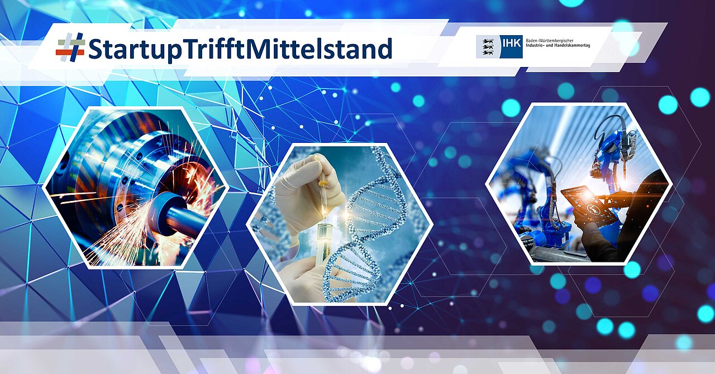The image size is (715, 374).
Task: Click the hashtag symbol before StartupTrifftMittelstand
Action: tap(70, 48)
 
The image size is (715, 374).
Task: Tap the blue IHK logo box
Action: tap(511, 46)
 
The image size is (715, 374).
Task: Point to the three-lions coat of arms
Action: tap(488, 46)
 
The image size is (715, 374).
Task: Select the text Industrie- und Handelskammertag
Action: tap(557, 46)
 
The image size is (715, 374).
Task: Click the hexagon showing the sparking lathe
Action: tap(136, 188)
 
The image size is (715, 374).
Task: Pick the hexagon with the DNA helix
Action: tap(340, 224)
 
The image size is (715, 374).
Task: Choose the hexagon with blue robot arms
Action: tap(579, 184)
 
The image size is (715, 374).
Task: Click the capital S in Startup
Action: tap(95, 49)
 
